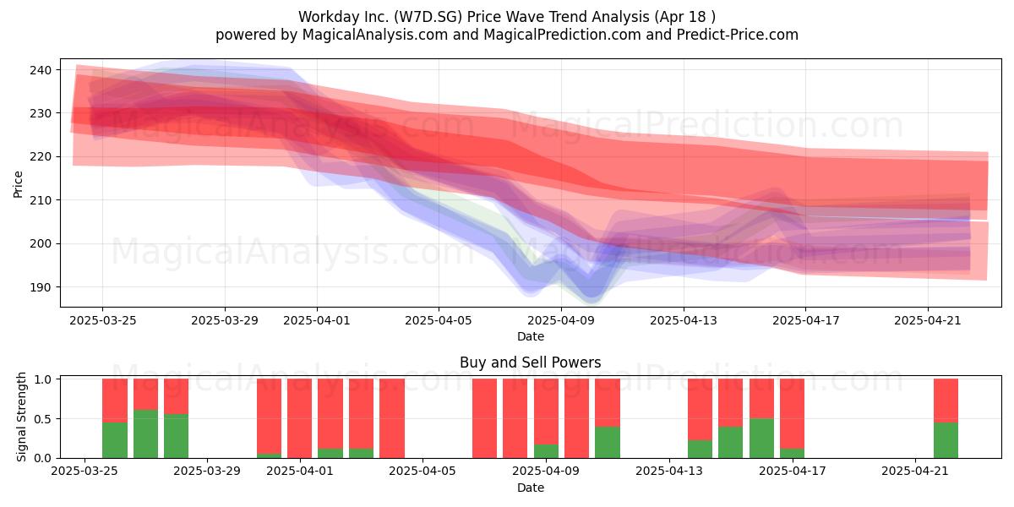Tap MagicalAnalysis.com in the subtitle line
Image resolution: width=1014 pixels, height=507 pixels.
375,35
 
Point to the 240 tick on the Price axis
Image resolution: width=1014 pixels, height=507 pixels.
41,70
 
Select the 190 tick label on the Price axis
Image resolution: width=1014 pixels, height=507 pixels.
41,287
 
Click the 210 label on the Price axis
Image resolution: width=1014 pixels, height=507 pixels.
41,200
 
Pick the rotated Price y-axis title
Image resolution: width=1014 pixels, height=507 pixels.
18,184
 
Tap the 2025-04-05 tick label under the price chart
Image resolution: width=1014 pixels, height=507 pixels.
439,320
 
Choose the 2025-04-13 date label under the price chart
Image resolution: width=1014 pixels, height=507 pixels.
684,320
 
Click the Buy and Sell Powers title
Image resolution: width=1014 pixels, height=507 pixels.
530,363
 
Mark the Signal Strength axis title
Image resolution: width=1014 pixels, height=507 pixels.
21,417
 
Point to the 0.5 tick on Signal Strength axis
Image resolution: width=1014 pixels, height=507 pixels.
42,419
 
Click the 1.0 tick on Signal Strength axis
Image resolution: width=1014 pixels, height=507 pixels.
42,379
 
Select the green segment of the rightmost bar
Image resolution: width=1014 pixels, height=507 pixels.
946,440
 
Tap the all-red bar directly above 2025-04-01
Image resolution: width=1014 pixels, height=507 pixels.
299,418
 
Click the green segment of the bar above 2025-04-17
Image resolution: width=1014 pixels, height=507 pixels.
792,453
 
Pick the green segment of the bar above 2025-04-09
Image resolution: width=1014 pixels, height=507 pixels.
546,451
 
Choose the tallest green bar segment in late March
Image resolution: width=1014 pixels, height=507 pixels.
145,434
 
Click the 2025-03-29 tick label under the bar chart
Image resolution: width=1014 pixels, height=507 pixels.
207,471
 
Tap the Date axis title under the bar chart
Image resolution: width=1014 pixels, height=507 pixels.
531,488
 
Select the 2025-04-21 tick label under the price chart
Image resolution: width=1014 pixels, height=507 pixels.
928,320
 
